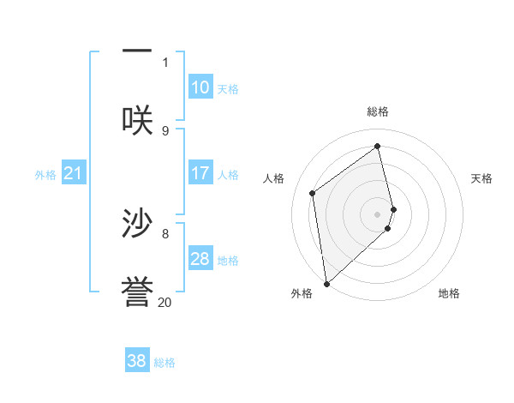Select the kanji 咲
137,120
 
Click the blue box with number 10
200,87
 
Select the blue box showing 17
200,173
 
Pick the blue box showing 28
200,259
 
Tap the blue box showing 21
74,174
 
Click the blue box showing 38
137,361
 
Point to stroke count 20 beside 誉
164,302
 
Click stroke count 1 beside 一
165,62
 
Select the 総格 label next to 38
164,363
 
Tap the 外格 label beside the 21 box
45,175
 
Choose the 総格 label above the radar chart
378,111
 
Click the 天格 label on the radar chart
482,178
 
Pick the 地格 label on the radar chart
449,293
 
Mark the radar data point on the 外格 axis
326,283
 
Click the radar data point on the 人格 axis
313,193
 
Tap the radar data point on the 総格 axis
378,147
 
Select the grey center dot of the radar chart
378,214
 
